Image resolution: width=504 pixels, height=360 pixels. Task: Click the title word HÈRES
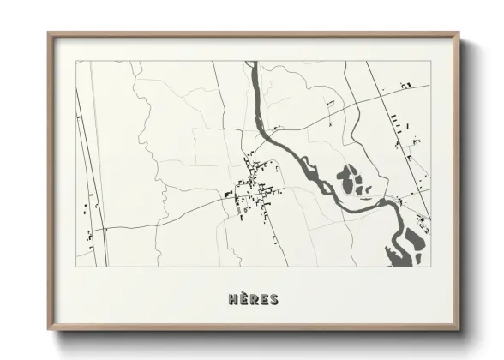coord(253,299)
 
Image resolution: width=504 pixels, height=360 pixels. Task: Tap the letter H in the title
coord(233,299)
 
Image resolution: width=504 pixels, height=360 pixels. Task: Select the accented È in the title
coord(243,299)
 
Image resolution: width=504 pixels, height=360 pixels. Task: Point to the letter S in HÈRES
coord(273,299)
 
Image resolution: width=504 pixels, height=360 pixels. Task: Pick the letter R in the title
coord(253,299)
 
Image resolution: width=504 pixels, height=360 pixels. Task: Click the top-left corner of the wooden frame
coord(48,33)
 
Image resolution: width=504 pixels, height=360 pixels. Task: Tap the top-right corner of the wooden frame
coord(459,33)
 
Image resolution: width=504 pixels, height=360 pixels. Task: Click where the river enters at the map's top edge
coord(252,63)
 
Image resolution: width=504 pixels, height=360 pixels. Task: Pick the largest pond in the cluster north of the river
coord(346,179)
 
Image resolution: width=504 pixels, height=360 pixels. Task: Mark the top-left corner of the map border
coord(75,61)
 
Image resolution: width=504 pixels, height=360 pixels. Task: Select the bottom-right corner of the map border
coord(431,267)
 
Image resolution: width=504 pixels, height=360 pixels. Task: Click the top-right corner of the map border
coord(431,61)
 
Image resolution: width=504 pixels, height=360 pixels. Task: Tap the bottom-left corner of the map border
coord(75,267)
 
